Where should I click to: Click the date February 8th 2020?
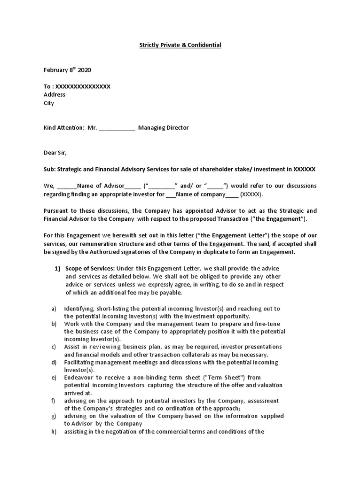coord(67,70)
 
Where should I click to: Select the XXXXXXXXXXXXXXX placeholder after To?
coord(83,86)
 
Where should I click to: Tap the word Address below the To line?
coord(55,95)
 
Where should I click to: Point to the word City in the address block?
coord(49,103)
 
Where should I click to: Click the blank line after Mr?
coord(117,128)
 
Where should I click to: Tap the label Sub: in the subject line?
coord(49,169)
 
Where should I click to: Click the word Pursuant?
coord(57,210)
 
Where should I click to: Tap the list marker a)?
coord(54,309)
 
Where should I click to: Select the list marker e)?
coord(54,378)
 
